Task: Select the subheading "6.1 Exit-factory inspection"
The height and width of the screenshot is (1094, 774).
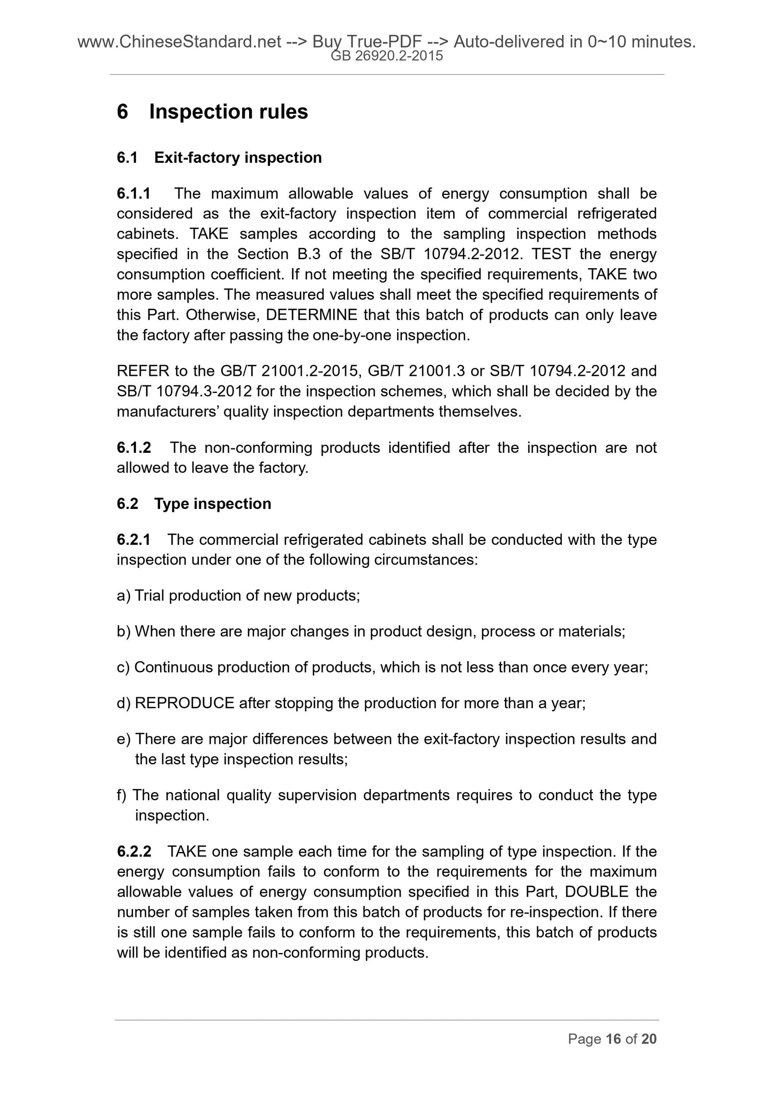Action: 219,158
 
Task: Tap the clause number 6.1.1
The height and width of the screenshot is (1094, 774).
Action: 133,193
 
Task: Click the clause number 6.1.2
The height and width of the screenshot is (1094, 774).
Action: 133,447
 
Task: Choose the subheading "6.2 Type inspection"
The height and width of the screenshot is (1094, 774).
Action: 194,504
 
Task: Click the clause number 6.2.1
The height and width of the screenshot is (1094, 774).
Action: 133,540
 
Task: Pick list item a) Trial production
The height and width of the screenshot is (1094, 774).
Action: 238,596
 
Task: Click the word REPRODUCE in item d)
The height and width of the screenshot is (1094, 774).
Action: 184,703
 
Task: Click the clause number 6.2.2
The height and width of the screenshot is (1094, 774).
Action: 133,851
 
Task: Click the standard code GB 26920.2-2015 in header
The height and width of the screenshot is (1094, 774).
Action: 387,55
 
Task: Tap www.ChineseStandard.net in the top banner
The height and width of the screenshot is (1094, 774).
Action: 179,41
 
